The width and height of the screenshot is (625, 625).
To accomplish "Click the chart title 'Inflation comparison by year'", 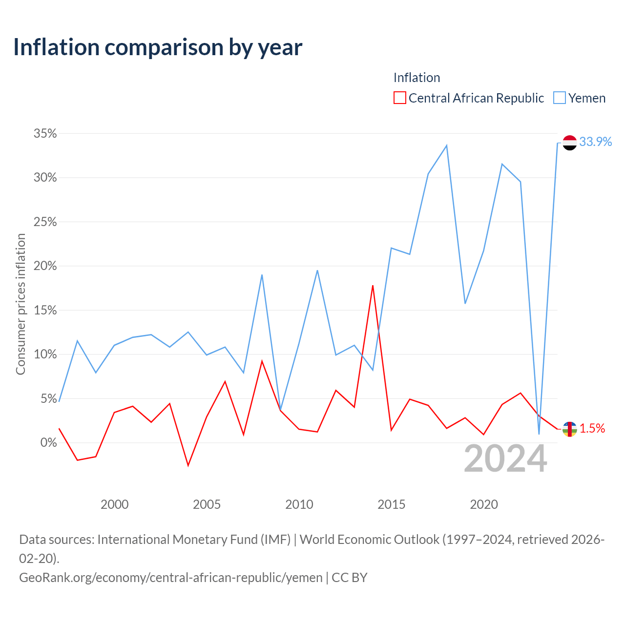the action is click(x=158, y=48).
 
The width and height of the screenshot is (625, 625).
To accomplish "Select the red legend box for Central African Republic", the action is click(x=399, y=98).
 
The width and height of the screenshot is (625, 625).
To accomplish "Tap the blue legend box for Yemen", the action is click(x=559, y=98).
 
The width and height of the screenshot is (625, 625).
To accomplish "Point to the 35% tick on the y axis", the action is click(x=45, y=133).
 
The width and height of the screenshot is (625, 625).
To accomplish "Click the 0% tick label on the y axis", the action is click(x=48, y=442).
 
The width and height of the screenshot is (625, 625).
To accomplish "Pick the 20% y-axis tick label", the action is click(x=45, y=266).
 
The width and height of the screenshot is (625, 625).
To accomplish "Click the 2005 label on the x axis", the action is click(x=207, y=504).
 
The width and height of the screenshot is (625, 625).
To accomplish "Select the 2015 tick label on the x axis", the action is click(x=391, y=504).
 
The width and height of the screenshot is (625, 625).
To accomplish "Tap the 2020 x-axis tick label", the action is click(x=483, y=504).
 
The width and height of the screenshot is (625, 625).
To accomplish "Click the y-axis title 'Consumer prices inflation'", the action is click(x=21, y=304).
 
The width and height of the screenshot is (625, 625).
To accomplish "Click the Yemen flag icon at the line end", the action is click(x=569, y=143).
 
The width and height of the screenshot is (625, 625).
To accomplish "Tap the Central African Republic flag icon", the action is click(x=569, y=429).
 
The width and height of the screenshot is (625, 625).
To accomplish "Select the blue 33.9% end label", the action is click(x=595, y=142).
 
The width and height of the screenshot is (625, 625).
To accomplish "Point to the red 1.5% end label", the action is click(x=592, y=428).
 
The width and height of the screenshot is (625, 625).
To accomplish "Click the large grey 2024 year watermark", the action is click(x=505, y=458).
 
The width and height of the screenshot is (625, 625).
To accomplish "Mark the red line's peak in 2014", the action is click(x=373, y=286).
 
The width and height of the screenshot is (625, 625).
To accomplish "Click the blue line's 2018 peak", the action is click(x=447, y=146).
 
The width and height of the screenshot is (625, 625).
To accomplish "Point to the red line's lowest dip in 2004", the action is click(x=188, y=466).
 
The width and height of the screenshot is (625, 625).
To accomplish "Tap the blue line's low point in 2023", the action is click(x=539, y=434).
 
